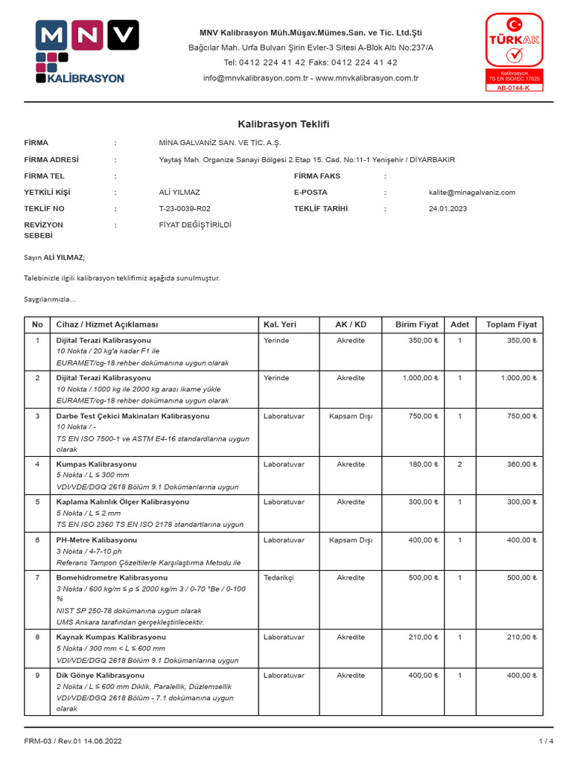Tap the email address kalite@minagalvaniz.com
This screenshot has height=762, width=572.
471,193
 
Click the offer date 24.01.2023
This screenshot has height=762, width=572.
448,209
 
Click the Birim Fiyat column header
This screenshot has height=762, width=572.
416,325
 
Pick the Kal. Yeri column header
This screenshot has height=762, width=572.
280,325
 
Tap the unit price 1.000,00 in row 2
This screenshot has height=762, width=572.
420,378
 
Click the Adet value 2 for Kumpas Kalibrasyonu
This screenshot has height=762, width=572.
460,464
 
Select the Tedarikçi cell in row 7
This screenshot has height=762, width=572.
280,577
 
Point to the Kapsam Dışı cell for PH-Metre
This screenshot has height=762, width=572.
350,540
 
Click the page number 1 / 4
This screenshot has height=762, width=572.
545,741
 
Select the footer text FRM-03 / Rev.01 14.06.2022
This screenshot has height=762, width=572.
72,741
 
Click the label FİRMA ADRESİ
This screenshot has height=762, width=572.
51,160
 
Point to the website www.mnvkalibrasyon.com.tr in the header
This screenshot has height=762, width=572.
367,78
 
